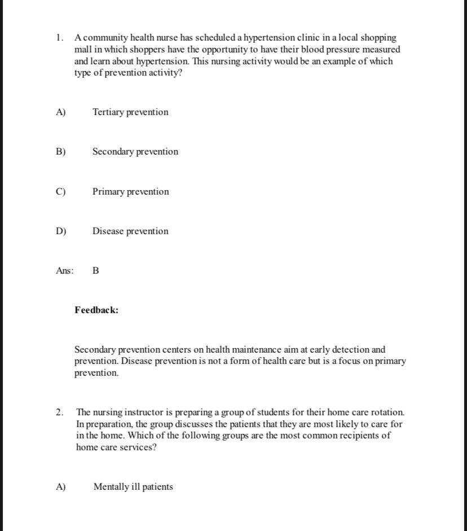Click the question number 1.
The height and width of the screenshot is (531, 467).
[59, 38]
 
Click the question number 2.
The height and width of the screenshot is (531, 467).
[59, 412]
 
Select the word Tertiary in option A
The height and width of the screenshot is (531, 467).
[108, 112]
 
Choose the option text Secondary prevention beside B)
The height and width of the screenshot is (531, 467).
[135, 152]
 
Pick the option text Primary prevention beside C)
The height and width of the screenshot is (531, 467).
[131, 192]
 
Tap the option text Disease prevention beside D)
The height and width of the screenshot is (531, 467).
[130, 231]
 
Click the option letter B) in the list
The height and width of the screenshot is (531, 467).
[61, 152]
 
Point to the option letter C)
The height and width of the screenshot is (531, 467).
[61, 192]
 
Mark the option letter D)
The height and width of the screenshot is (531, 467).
[61, 231]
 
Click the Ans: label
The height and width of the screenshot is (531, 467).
[65, 271]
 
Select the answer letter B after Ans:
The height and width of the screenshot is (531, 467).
[95, 271]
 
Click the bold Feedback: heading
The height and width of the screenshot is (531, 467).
[96, 310]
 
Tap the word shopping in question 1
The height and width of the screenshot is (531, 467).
[379, 38]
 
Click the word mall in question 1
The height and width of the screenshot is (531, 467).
[83, 50]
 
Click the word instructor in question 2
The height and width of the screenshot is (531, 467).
[133, 412]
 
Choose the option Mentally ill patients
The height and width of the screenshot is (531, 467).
[133, 487]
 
